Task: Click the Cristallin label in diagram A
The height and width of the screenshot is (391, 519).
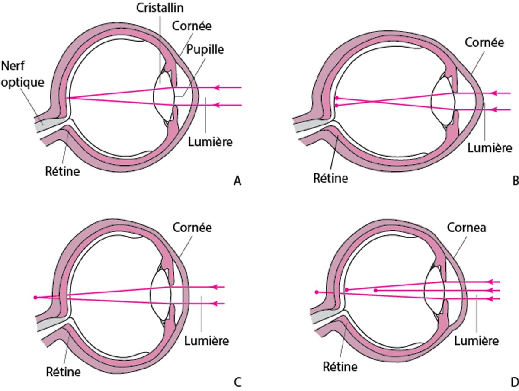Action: (x=159, y=8)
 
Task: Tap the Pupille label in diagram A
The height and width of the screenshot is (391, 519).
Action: (x=205, y=49)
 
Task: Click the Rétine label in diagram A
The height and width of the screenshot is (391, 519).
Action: (x=63, y=171)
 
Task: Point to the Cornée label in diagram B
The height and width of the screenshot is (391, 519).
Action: (x=484, y=42)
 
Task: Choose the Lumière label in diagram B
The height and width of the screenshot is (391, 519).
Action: (x=490, y=148)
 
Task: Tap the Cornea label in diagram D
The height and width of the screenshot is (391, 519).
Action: (x=467, y=228)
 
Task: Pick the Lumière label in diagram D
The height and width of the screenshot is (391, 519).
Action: (x=477, y=341)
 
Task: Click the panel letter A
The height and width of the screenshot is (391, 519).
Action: (x=237, y=181)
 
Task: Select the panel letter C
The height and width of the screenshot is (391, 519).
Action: (x=237, y=382)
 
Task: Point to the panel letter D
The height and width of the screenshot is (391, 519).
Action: (x=514, y=382)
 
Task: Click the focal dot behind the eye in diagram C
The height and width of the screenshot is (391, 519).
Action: (x=35, y=298)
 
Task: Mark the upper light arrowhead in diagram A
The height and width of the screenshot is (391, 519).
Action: (x=218, y=87)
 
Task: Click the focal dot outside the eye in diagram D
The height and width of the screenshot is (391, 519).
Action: (x=317, y=292)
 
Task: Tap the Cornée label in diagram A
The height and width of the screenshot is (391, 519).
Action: (x=192, y=26)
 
